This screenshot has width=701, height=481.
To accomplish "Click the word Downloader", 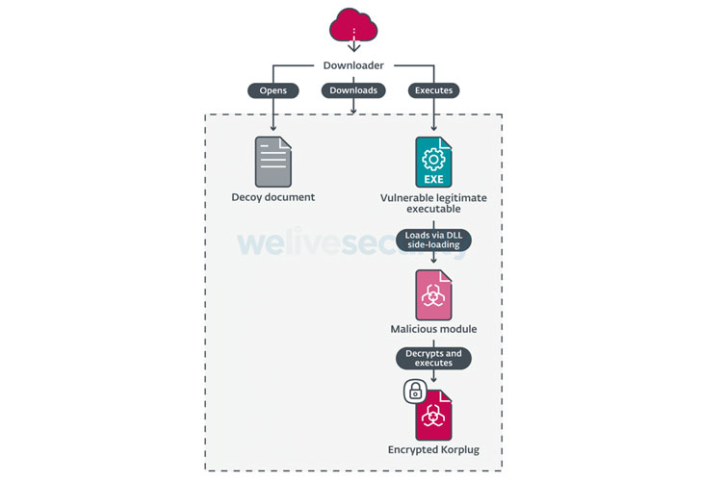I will tap(353, 66).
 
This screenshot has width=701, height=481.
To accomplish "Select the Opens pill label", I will tap(273, 90).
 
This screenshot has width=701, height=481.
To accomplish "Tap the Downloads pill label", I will tap(353, 90).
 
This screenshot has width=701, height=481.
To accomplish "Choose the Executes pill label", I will tap(434, 90).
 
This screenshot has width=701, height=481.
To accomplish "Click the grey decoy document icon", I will tap(273, 162).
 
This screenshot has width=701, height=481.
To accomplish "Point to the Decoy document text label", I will tap(273, 197).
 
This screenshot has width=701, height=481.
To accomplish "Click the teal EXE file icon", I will tap(433, 162).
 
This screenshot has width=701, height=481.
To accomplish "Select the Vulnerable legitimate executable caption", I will tap(433, 203).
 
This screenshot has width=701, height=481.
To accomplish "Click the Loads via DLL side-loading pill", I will tap(433, 240).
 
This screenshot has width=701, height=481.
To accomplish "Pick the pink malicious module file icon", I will tap(433, 294).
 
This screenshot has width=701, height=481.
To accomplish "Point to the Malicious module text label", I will tap(433, 329).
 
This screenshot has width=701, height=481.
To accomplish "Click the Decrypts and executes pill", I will tap(433, 359).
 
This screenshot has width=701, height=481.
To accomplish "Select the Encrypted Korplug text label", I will tap(433, 448).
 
